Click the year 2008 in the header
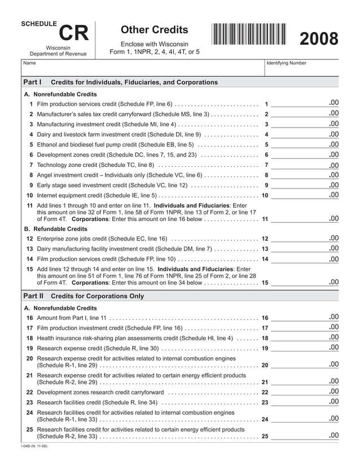click(318, 39)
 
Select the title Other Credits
click(155, 29)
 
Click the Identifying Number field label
click(286, 63)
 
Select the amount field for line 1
click(305, 104)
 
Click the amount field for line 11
click(305, 218)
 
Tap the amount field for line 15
click(305, 282)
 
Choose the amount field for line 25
click(305, 436)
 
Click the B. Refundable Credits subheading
click(56, 229)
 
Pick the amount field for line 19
click(305, 348)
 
